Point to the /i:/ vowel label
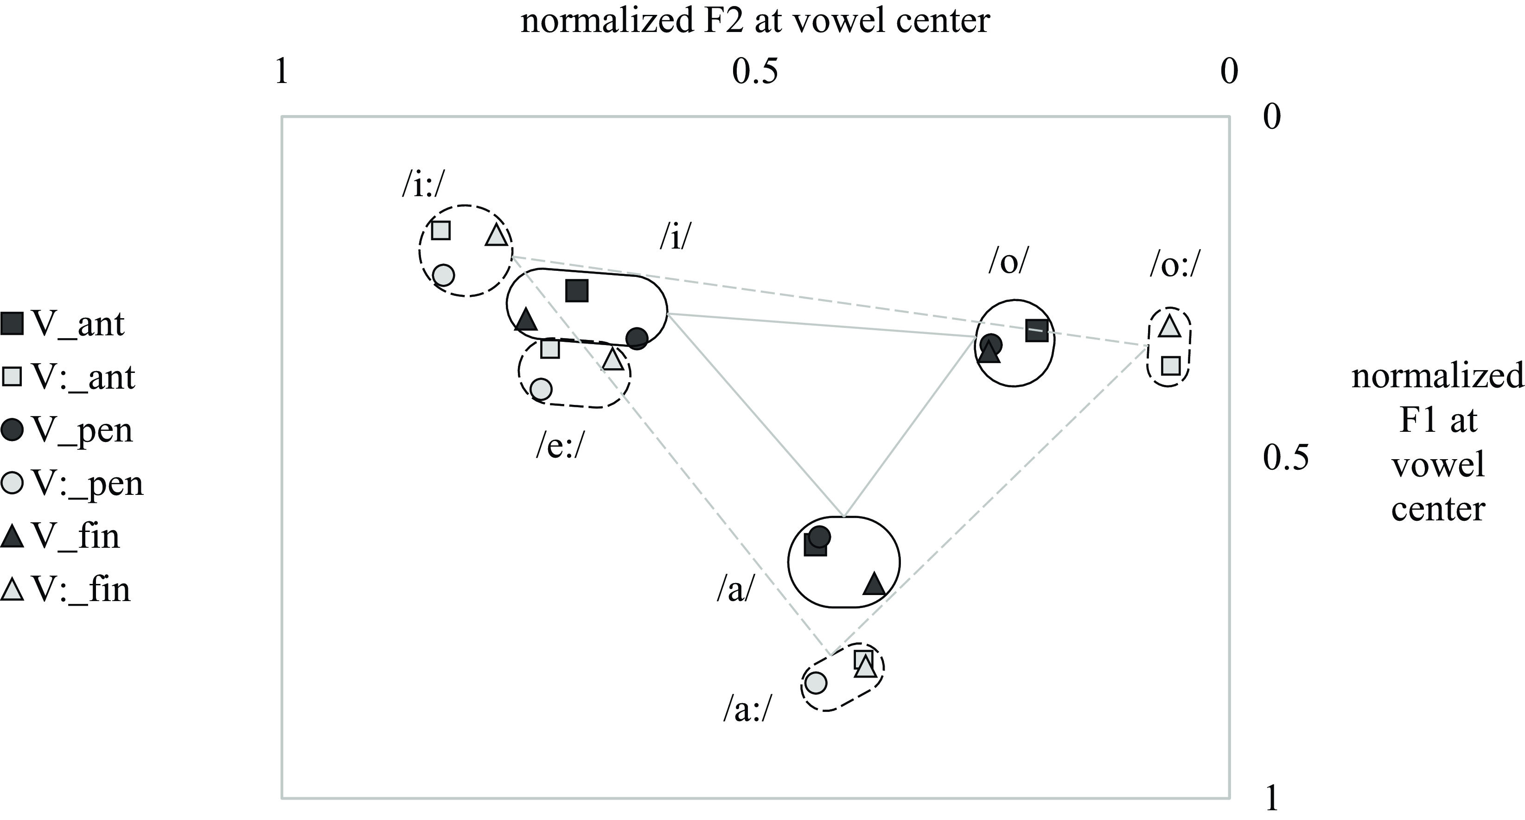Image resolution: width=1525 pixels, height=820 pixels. [422, 186]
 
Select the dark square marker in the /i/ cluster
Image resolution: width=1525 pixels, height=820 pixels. [577, 291]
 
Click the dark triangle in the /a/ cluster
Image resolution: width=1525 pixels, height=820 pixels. [874, 584]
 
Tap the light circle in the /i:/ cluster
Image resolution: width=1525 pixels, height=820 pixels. [443, 275]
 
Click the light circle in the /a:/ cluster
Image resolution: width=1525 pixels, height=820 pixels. [815, 683]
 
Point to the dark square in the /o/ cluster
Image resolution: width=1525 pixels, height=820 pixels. [1037, 330]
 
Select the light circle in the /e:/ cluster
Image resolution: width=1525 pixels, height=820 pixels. [541, 389]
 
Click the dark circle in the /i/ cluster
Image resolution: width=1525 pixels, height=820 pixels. [637, 338]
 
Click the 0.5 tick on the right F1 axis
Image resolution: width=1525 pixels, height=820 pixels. [1285, 457]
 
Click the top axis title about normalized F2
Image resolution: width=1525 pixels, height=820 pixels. [755, 21]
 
